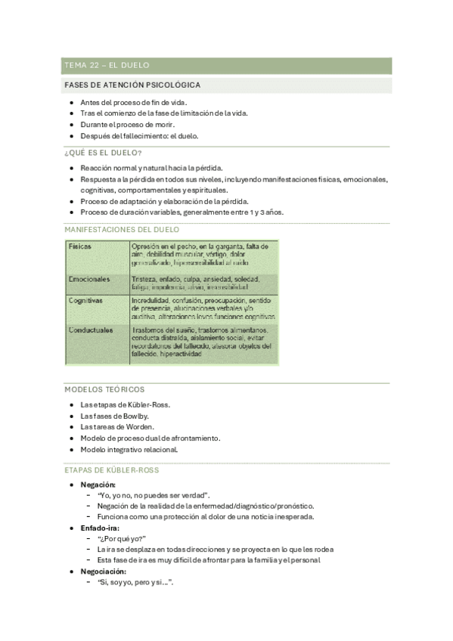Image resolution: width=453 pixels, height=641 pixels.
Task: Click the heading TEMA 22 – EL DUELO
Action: point(107,66)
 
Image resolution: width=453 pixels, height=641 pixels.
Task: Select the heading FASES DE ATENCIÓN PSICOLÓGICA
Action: point(132,85)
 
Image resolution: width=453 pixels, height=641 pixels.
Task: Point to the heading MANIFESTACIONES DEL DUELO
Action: point(122,229)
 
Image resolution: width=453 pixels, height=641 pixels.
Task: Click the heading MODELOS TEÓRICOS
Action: point(104,389)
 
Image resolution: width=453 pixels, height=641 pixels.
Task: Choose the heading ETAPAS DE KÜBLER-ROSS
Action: point(112,469)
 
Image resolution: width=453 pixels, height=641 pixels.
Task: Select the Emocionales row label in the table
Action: point(88,279)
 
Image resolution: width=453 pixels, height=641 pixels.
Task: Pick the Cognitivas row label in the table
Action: point(85,300)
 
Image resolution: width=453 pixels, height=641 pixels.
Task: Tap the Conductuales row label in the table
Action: point(91,330)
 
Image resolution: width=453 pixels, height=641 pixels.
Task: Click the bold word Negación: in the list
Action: point(98,484)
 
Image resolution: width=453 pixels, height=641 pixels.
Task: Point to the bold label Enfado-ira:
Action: point(103,528)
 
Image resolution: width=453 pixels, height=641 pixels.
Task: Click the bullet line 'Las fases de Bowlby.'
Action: point(114,416)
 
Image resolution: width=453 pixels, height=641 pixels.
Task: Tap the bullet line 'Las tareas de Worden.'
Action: point(118,427)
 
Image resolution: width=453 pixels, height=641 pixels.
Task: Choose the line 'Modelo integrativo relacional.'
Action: point(129,449)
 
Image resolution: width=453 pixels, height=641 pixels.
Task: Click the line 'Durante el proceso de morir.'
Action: point(127,125)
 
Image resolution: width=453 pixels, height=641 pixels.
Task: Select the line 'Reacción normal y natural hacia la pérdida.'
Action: point(151,168)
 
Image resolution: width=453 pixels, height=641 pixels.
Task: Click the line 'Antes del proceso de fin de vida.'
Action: point(133,102)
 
